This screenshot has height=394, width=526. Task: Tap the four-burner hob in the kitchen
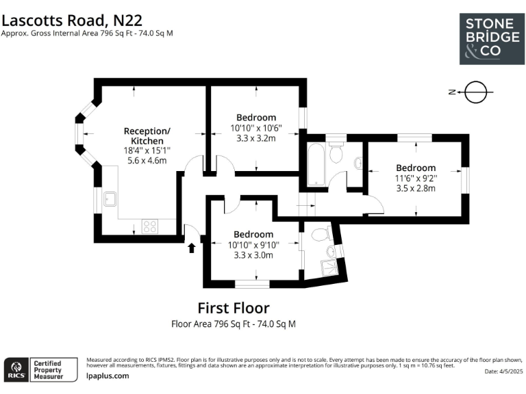(x=149, y=226)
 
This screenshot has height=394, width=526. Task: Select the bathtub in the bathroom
(x=316, y=165)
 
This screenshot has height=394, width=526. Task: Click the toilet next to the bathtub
(x=336, y=153)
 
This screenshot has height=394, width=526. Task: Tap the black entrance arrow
(x=192, y=246)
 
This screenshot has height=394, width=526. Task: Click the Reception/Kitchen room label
(x=147, y=135)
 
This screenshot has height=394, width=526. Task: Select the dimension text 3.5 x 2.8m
(x=416, y=188)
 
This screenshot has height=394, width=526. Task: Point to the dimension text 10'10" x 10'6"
(x=256, y=128)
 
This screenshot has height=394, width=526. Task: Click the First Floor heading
(x=234, y=308)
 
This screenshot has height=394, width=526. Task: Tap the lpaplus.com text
(x=108, y=376)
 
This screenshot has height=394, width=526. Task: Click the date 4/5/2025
(x=503, y=371)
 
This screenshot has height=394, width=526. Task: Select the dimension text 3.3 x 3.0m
(x=253, y=255)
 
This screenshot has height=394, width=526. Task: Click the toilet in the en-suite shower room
(x=319, y=235)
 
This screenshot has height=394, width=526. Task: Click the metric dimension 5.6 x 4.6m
(x=147, y=160)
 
